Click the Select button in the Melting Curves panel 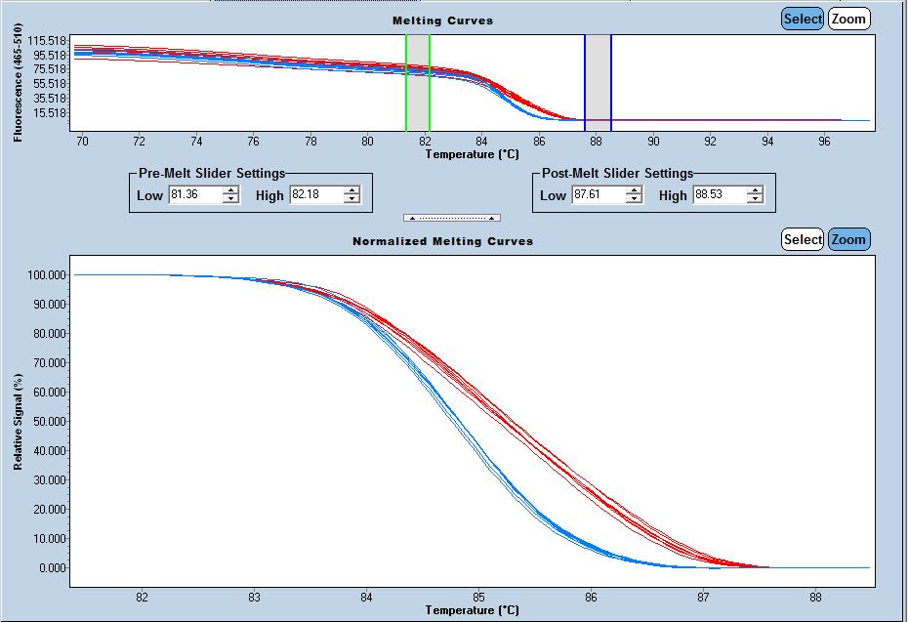(803, 19)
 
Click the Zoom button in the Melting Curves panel (848, 19)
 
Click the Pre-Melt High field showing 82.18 (315, 195)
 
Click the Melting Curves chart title (442, 21)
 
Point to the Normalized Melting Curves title (442, 240)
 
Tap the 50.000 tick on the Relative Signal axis (48, 421)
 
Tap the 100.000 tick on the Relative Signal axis (46, 274)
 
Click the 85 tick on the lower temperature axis (478, 598)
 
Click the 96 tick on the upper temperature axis (825, 141)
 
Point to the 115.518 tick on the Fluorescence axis (47, 40)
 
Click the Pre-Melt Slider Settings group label (211, 174)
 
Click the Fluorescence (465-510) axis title (18, 85)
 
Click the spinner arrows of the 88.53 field (755, 195)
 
